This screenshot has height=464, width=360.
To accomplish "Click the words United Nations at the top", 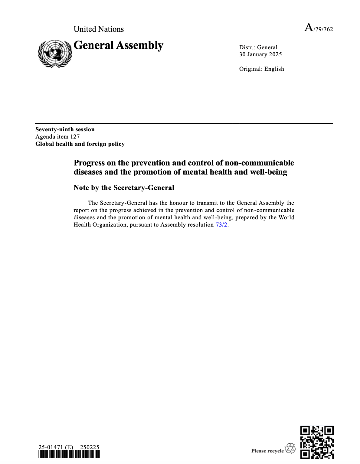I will click(x=99, y=29).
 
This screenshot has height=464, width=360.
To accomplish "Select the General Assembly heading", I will click(x=118, y=45).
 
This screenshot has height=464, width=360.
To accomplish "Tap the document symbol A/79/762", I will click(x=319, y=28).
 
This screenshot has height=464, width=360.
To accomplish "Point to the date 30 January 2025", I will click(x=260, y=54).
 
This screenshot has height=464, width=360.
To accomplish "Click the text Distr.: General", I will click(x=258, y=47).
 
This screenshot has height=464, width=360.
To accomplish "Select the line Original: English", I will click(x=261, y=69).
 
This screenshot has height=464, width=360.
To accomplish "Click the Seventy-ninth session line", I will click(x=65, y=129).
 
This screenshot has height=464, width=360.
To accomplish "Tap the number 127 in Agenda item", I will click(x=75, y=137).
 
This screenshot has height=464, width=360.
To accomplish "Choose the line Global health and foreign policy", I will click(x=80, y=144).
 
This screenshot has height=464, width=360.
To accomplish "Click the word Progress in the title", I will click(x=89, y=163).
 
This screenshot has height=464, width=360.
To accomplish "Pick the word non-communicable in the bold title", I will click(x=259, y=163).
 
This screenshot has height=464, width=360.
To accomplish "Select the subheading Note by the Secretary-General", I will click(x=124, y=188).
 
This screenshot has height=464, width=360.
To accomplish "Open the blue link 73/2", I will click(x=221, y=225).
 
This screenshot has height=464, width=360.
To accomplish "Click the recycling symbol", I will click(x=290, y=449).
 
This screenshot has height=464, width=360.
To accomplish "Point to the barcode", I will click(x=69, y=454).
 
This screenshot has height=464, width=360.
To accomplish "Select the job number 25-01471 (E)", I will click(x=56, y=447).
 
